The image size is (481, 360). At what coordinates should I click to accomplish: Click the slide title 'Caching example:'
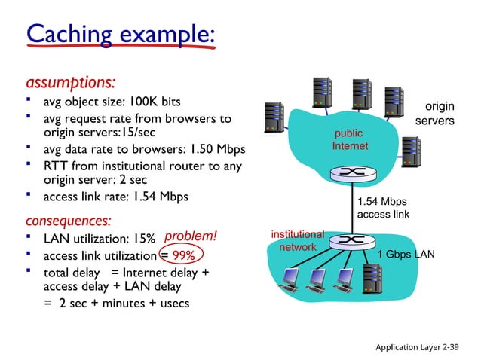pyautogui.click(x=121, y=34)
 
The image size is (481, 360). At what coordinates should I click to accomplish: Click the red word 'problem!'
pyautogui.click(x=190, y=238)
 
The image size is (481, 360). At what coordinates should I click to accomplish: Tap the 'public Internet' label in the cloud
pyautogui.click(x=350, y=139)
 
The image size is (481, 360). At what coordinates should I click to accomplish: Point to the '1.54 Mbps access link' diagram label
pyautogui.click(x=383, y=208)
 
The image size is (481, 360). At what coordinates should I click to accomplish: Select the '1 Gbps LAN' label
pyautogui.click(x=406, y=255)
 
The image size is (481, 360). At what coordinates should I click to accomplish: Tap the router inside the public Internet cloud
pyautogui.click(x=352, y=173)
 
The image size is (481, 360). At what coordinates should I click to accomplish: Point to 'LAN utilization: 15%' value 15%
pyautogui.click(x=143, y=239)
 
